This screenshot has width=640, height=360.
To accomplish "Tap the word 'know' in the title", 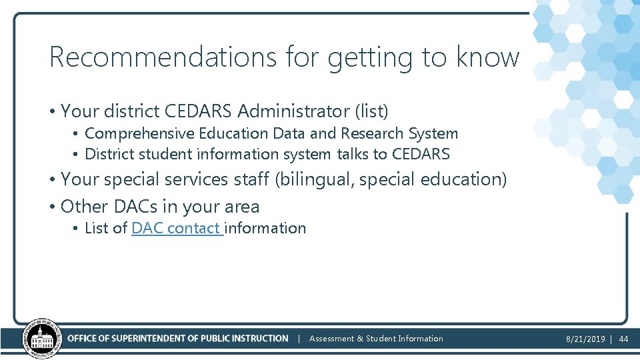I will pyautogui.click(x=487, y=57).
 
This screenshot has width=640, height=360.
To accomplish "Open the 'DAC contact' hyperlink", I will pyautogui.click(x=176, y=228).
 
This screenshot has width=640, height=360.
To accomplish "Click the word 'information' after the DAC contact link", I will pyautogui.click(x=265, y=228).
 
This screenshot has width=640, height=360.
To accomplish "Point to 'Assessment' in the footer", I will pyautogui.click(x=331, y=339).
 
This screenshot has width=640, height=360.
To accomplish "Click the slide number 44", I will pyautogui.click(x=624, y=339).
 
